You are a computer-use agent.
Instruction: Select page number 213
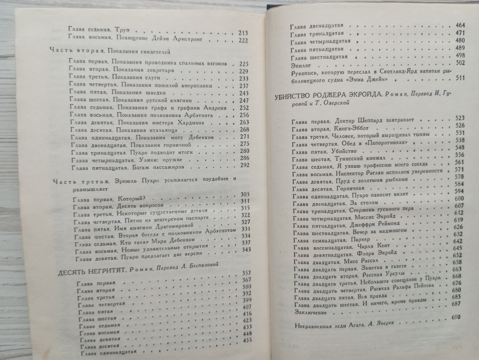[242, 33]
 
